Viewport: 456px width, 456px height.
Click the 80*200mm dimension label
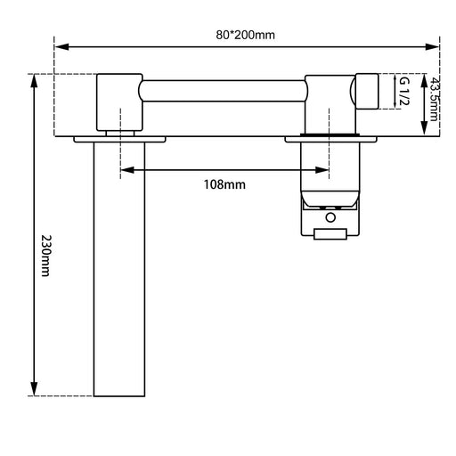247,35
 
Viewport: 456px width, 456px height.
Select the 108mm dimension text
224,184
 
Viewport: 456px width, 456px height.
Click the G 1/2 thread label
403,93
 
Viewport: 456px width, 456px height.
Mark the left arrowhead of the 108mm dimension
124,169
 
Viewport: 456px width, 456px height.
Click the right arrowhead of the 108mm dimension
325,169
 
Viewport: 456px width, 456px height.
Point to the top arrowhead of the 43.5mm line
424,77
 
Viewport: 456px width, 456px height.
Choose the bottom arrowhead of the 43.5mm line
424,132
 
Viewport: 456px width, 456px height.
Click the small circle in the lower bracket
330,216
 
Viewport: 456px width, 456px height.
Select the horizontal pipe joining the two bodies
223,89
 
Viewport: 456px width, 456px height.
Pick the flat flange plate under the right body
330,138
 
